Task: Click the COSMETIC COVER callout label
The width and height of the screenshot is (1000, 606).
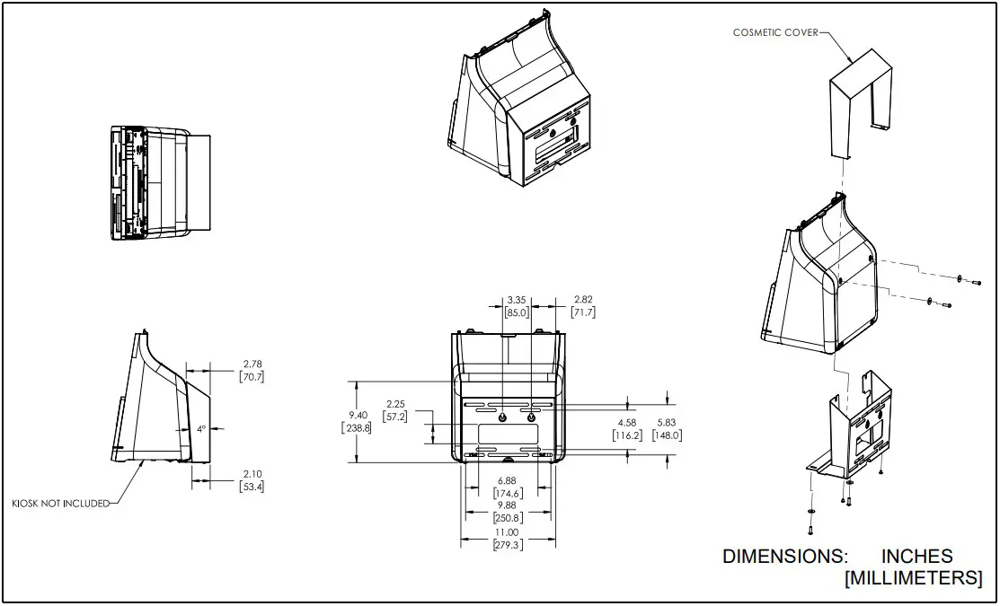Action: click(774, 32)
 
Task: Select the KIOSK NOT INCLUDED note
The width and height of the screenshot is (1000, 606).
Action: click(59, 503)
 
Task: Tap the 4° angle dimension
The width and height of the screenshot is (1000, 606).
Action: click(201, 429)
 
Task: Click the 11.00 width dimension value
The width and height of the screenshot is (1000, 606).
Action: click(509, 532)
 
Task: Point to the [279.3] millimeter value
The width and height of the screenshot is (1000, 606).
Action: click(509, 545)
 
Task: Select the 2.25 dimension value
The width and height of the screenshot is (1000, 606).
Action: click(394, 404)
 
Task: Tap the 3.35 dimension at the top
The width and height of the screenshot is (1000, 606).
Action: click(517, 300)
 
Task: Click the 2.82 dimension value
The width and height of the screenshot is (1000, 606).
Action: click(583, 300)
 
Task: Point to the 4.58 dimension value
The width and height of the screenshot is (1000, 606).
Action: click(626, 423)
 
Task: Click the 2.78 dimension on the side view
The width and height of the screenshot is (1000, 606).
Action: click(252, 364)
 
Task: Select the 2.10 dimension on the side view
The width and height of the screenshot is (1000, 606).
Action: click(252, 474)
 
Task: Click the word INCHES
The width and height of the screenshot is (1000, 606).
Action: click(916, 557)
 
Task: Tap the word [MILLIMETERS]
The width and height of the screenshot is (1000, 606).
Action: click(913, 578)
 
